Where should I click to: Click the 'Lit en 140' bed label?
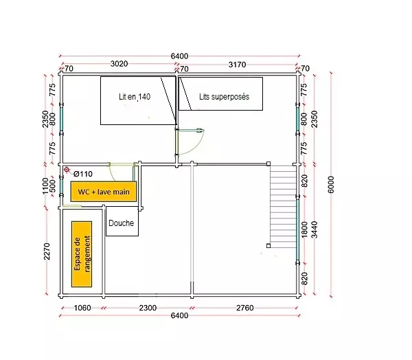(x=135, y=97)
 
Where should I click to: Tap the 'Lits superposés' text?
(x=224, y=97)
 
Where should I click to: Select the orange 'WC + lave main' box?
(x=104, y=192)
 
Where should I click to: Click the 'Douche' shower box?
(x=122, y=221)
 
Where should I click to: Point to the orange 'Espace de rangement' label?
(x=82, y=254)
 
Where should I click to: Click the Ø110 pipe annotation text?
(x=83, y=174)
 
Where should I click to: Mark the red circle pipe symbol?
(x=67, y=170)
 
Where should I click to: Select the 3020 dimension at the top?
(x=119, y=64)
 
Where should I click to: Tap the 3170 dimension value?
(x=237, y=65)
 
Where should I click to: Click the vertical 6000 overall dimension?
(x=331, y=185)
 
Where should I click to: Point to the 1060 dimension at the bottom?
(x=82, y=308)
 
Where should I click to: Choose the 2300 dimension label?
(x=148, y=308)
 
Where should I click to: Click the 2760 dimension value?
(x=244, y=308)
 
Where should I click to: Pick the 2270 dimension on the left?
(x=47, y=251)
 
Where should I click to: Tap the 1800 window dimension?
(x=304, y=229)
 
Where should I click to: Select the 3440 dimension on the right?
(x=314, y=229)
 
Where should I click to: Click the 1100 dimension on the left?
(x=45, y=186)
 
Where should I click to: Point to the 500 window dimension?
(x=53, y=186)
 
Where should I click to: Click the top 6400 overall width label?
(x=179, y=56)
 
